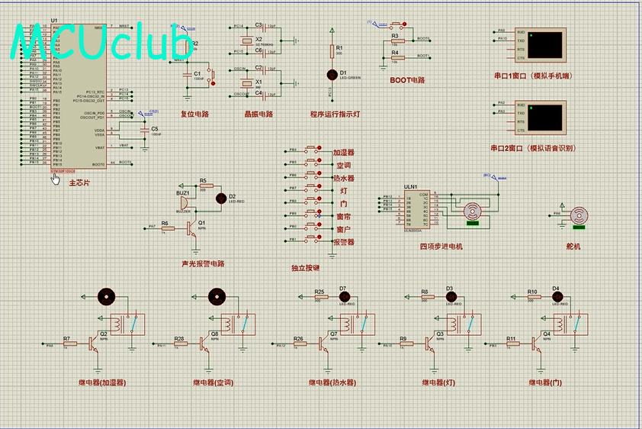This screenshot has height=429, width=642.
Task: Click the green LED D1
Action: click(x=332, y=74)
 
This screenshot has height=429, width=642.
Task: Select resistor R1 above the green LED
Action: click(x=332, y=51)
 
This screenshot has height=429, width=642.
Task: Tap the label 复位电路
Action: click(x=194, y=115)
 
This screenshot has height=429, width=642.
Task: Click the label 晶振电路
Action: click(x=258, y=115)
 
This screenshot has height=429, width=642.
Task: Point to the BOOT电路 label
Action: click(x=407, y=79)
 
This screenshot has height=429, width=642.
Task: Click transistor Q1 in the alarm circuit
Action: click(x=191, y=227)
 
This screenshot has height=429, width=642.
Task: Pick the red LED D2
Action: click(x=222, y=198)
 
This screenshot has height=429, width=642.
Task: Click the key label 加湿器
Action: click(x=344, y=153)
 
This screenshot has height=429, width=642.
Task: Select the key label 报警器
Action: click(x=344, y=242)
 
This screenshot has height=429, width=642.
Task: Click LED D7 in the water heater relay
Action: click(x=343, y=296)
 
